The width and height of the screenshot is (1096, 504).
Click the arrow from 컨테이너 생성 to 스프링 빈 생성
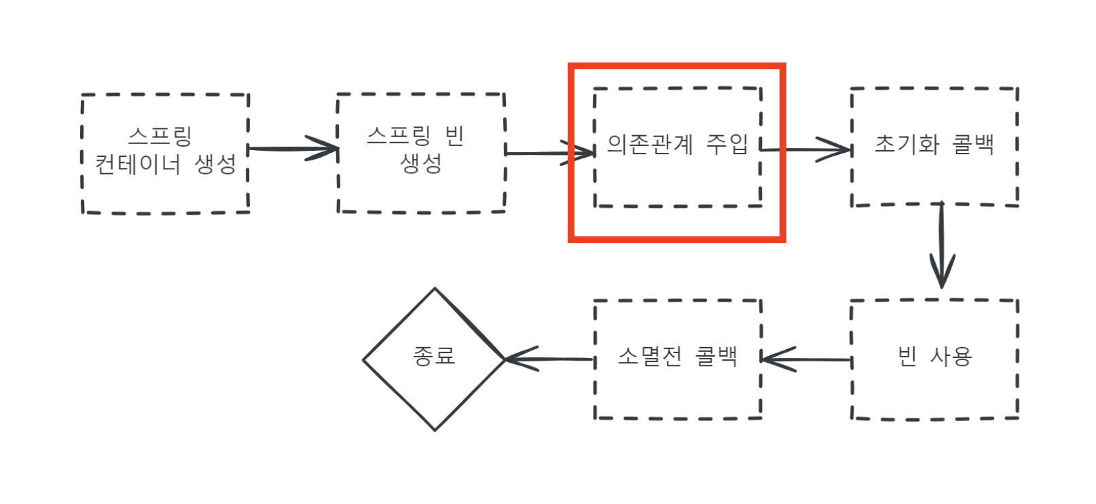(292, 148)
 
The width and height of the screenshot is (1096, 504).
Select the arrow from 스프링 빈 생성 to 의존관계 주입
(549, 153)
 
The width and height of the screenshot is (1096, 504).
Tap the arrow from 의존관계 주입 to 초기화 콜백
(805, 149)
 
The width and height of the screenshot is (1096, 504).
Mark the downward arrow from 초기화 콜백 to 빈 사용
(942, 245)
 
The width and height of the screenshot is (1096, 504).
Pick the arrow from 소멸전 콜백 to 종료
(549, 359)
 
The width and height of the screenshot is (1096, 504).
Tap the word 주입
(727, 144)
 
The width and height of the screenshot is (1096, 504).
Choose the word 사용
(951, 356)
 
